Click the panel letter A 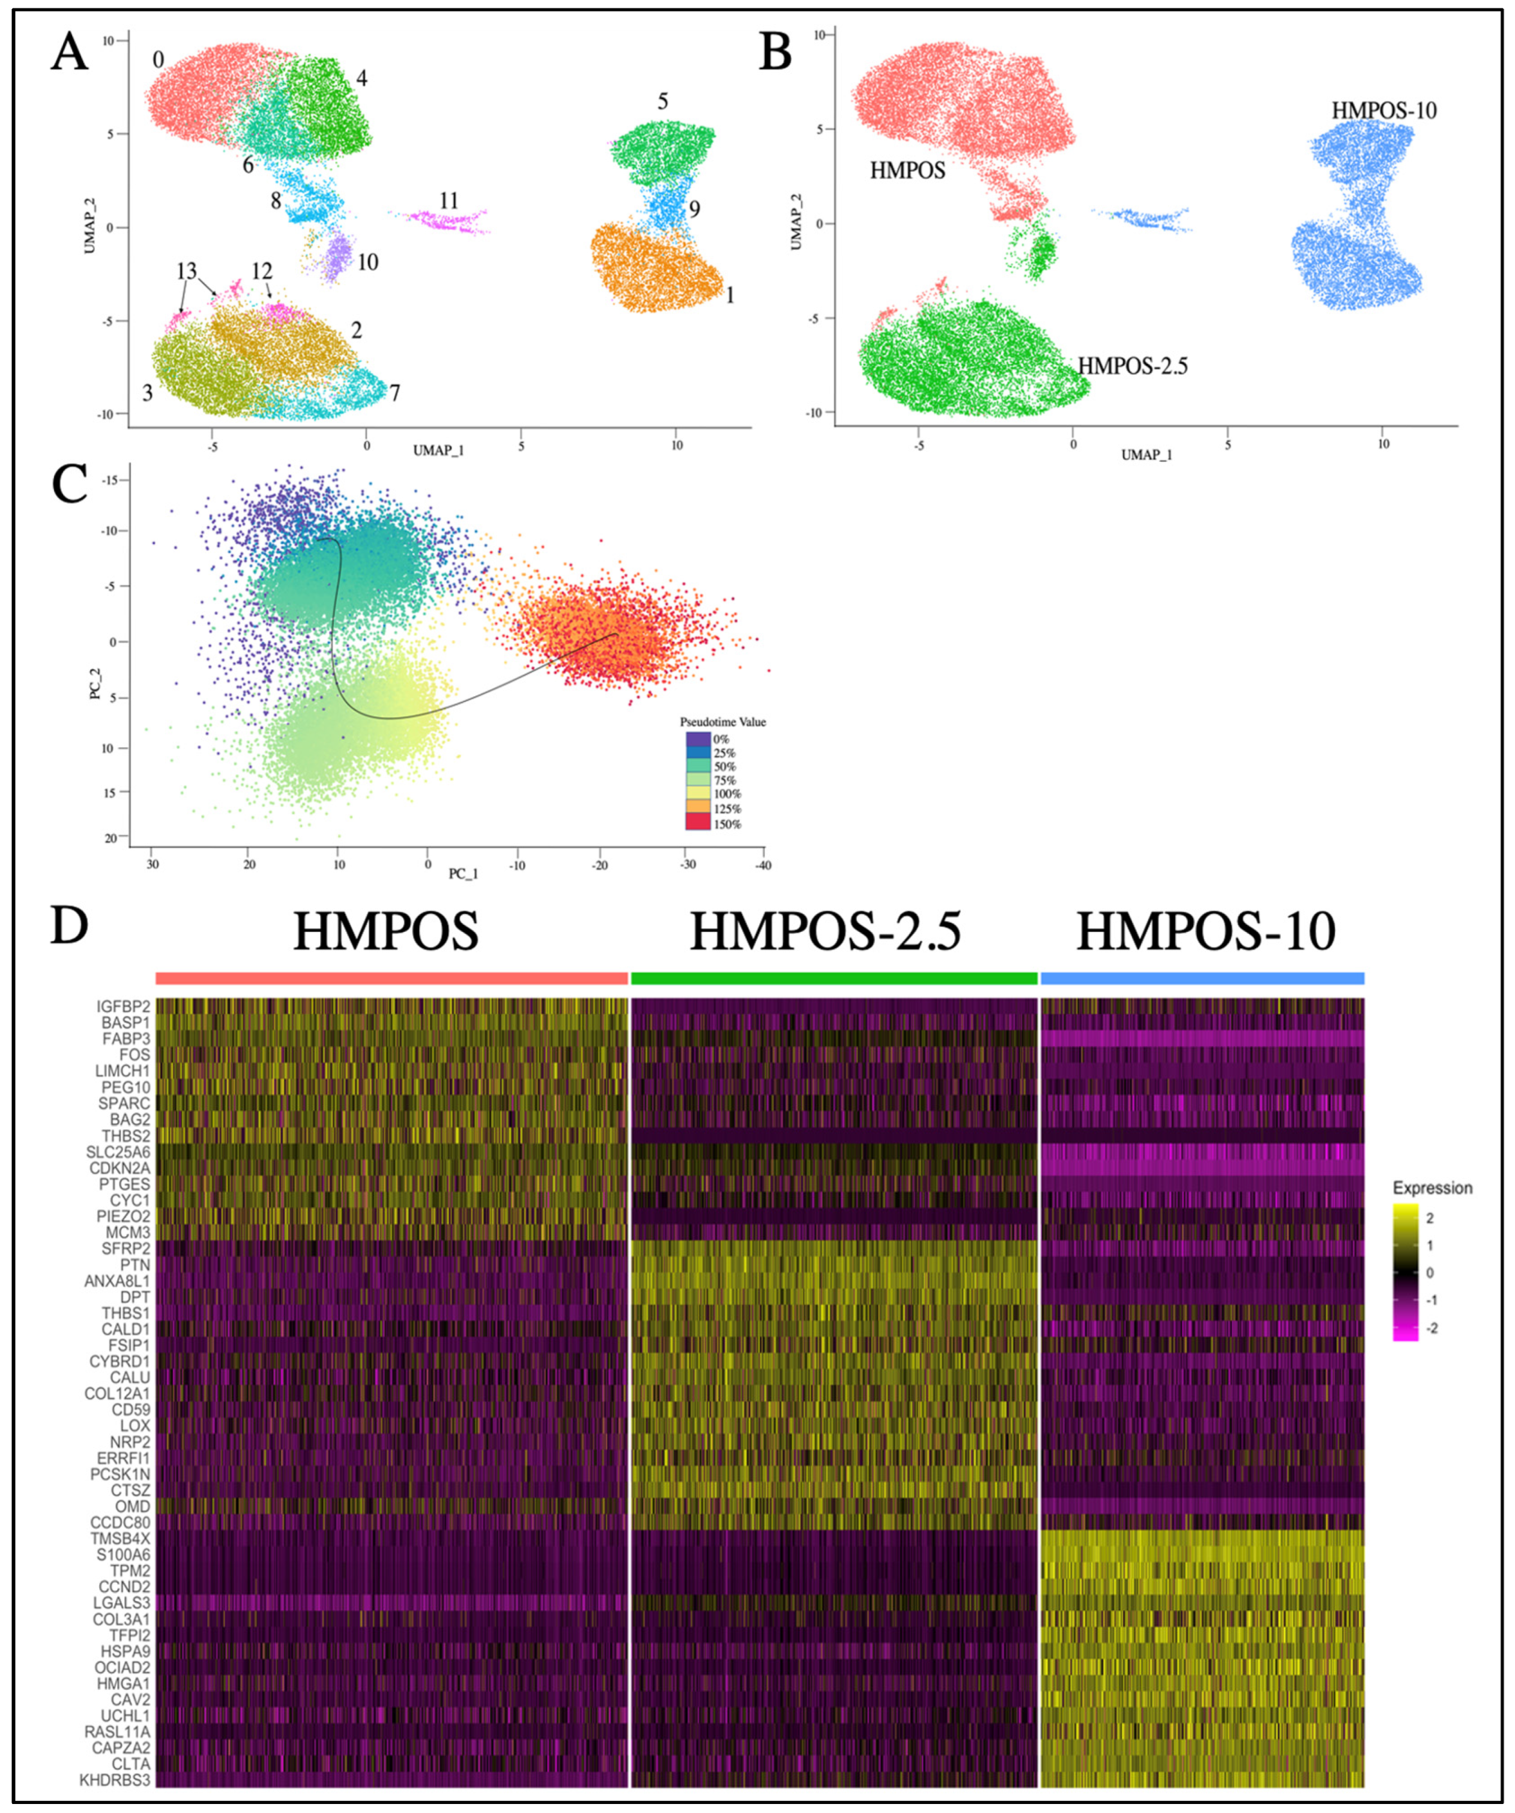[x=69, y=54]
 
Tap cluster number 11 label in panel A [x=448, y=201]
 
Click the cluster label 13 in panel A [x=187, y=271]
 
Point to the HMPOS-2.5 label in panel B [x=1133, y=366]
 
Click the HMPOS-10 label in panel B [x=1384, y=111]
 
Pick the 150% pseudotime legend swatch [x=697, y=822]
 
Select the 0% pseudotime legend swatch [x=697, y=739]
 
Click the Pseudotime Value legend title [x=722, y=722]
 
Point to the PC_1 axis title [x=463, y=874]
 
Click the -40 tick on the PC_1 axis [x=763, y=864]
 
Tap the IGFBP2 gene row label [x=124, y=1007]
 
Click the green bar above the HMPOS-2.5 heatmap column [x=834, y=978]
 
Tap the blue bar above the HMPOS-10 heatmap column [x=1201, y=978]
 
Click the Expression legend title [x=1432, y=1188]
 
